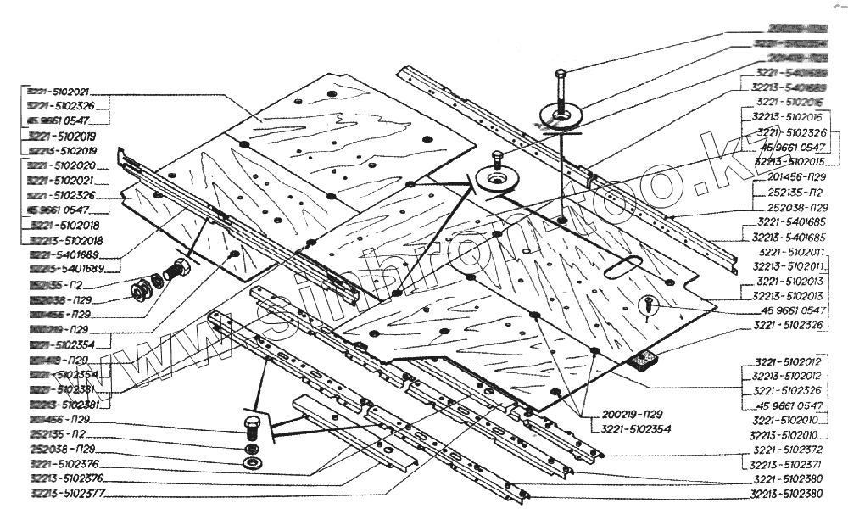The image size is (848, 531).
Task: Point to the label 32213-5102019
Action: click(61, 150)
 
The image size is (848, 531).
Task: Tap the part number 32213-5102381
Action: click(62, 404)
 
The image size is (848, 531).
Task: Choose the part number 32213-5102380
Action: click(788, 493)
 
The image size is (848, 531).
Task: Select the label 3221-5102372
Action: click(788, 450)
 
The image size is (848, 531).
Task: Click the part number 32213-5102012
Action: click(787, 376)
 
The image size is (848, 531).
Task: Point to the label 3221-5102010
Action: click(788, 420)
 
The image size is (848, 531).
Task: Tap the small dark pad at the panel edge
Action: click(647, 360)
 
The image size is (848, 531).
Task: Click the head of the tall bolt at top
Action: click(561, 74)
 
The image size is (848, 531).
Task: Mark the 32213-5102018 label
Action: click(61, 240)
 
